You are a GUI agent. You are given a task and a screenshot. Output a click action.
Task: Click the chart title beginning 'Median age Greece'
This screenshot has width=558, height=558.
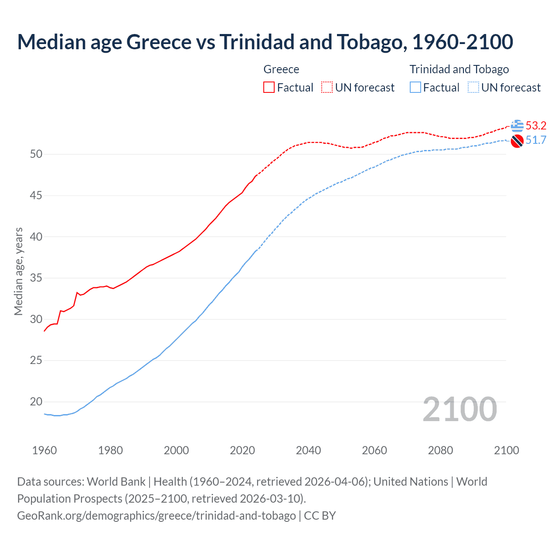265,42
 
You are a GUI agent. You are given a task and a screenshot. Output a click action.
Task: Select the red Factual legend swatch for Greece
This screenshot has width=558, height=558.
269,87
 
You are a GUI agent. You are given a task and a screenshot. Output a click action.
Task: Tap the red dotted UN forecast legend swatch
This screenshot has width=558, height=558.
327,87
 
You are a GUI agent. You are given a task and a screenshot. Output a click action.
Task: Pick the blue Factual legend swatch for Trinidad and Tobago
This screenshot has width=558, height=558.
415,87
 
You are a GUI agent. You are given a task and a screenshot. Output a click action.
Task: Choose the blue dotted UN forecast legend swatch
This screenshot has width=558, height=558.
473,87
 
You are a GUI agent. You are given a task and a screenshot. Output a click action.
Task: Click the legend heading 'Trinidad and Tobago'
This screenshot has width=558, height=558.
459,69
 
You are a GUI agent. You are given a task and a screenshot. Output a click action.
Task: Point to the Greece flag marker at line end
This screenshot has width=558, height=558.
517,126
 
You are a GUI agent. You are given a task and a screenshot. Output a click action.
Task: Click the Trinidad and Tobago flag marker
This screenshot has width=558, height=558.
517,141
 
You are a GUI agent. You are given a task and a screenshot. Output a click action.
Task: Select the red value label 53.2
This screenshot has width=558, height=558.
536,126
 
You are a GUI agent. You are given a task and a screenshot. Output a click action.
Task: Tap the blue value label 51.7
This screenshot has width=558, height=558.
536,140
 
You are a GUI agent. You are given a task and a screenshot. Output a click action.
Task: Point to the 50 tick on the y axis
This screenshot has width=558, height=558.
36,154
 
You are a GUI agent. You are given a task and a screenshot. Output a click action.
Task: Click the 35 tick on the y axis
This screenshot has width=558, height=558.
36,278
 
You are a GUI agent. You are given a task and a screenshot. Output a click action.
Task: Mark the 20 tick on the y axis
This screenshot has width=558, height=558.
36,401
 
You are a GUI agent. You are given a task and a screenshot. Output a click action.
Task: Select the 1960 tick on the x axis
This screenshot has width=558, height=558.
44,450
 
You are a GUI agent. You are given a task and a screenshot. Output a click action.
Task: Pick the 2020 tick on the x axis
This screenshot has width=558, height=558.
242,450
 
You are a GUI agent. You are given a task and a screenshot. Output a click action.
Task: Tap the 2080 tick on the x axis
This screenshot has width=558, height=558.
440,450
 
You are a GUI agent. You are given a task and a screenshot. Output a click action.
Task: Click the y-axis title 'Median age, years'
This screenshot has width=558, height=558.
18,271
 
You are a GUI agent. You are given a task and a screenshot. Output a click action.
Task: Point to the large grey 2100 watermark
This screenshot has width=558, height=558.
459,409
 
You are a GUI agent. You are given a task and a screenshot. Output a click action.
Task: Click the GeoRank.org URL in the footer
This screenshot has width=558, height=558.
157,515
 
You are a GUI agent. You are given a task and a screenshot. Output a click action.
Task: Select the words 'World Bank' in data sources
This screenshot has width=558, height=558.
116,482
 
